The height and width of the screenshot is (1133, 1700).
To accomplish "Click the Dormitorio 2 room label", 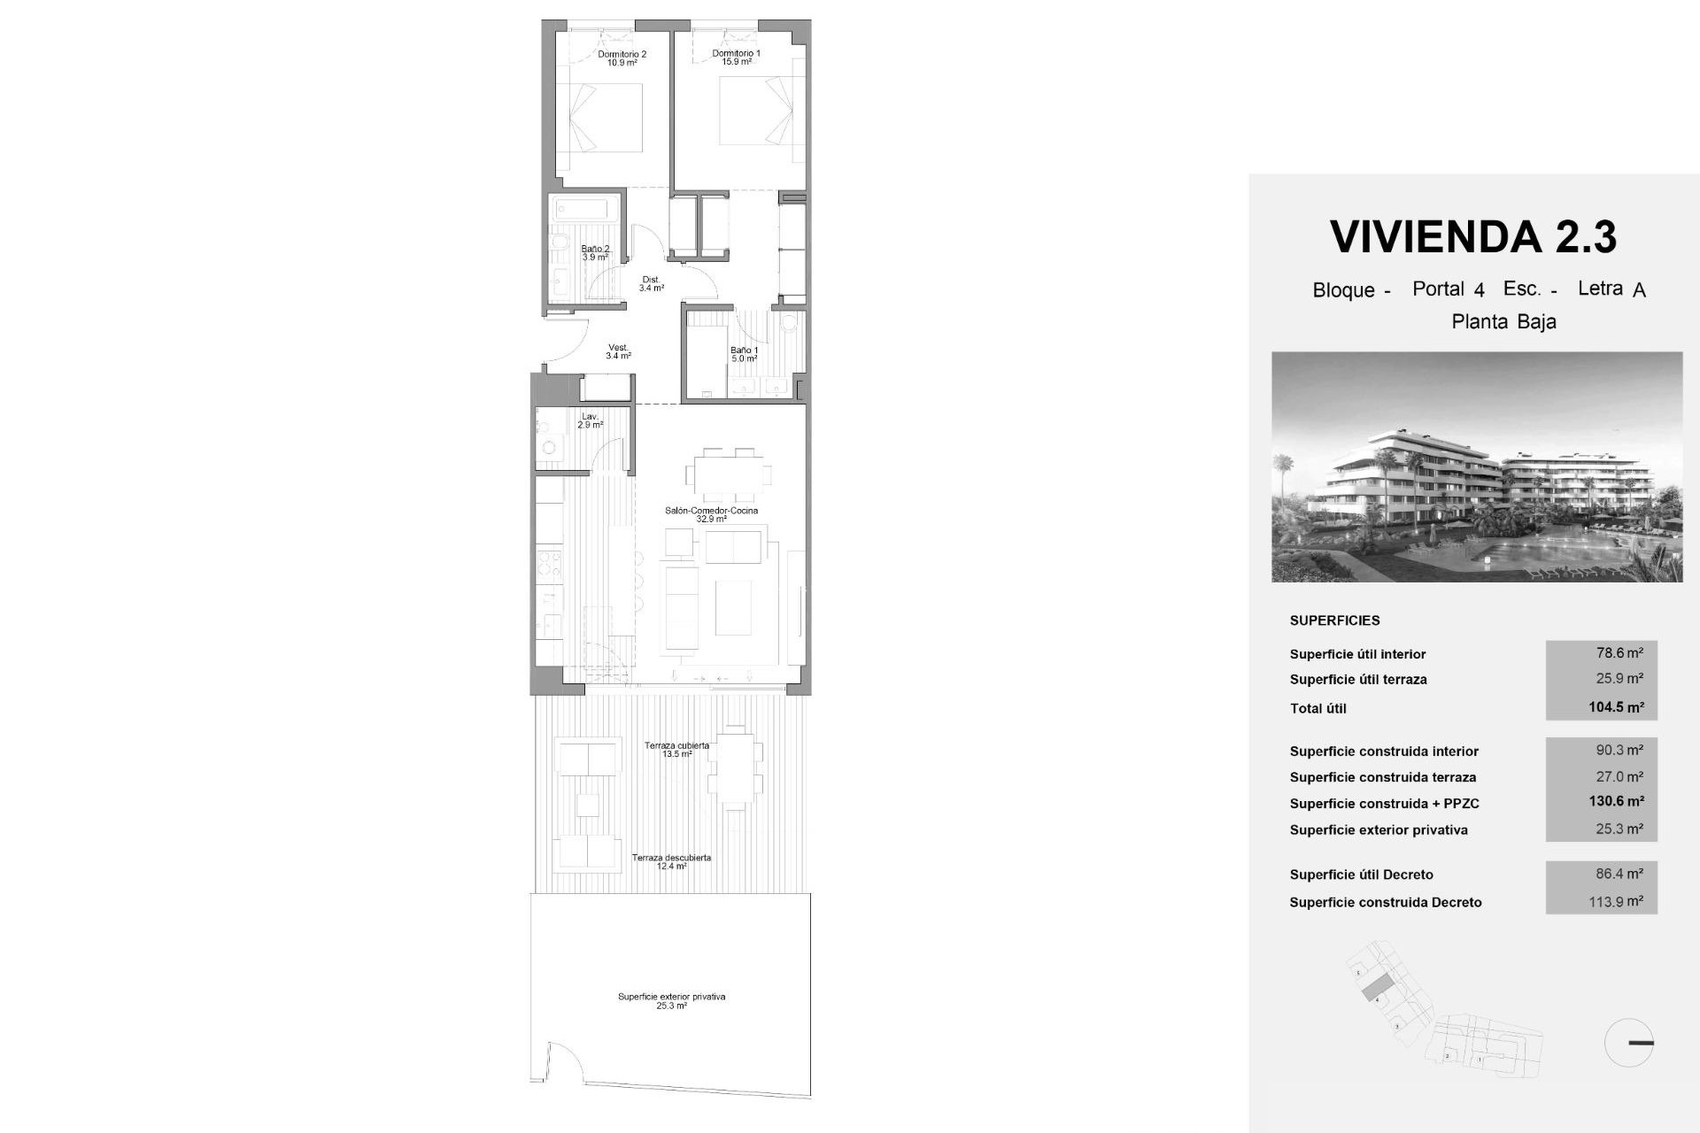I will [622, 58].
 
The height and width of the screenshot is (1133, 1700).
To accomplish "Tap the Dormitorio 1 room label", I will [736, 58].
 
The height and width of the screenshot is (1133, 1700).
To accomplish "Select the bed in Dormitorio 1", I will [752, 112].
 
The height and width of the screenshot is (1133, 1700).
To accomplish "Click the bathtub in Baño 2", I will [584, 211].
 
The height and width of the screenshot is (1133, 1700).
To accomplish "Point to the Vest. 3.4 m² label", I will [618, 351].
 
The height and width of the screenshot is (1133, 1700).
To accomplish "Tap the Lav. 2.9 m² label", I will [590, 420].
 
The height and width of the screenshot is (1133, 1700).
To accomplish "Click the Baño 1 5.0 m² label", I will [744, 354].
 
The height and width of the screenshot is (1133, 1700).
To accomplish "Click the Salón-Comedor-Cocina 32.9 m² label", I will [711, 514].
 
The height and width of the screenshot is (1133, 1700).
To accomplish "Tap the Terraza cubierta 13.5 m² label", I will [676, 750].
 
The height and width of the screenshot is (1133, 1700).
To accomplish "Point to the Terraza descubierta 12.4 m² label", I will [671, 861].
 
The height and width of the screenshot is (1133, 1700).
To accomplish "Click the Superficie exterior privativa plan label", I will [671, 1001].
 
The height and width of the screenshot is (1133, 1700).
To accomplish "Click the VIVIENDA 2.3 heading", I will [1473, 236].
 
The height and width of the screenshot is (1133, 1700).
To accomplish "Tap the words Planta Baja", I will [1503, 322].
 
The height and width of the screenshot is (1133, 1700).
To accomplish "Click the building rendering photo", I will [1476, 466].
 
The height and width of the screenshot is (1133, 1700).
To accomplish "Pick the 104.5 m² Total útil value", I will [1616, 707].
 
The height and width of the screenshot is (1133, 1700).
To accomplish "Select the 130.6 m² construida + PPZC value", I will [1616, 801].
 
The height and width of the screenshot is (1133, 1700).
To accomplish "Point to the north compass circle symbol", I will [1629, 1043].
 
